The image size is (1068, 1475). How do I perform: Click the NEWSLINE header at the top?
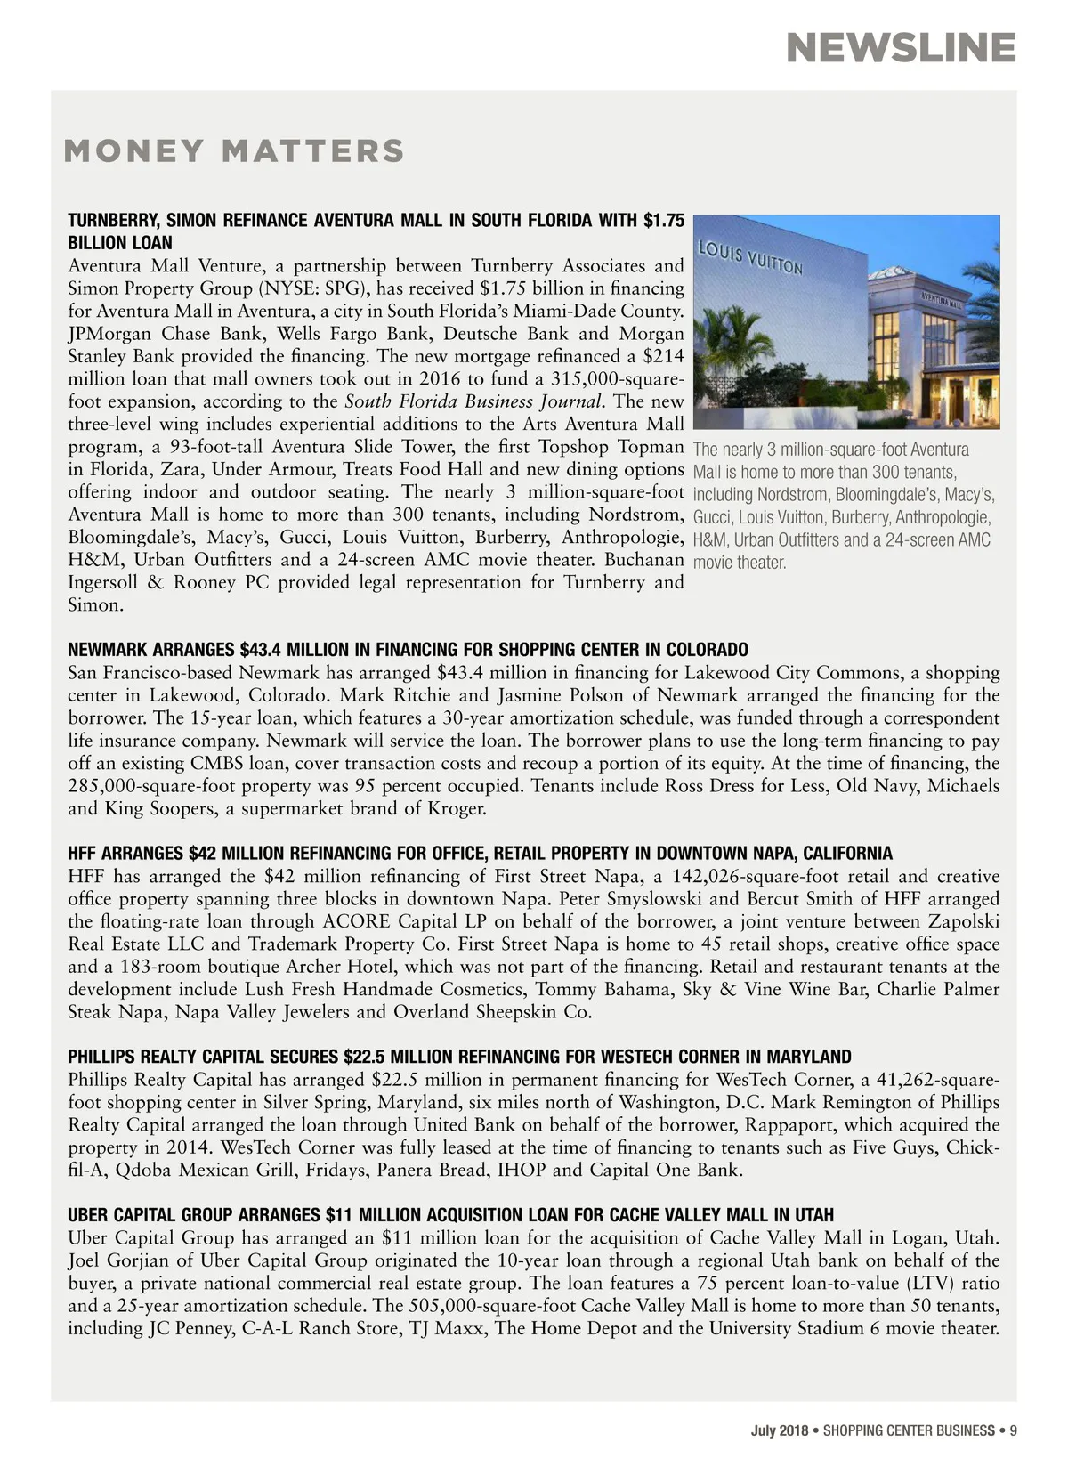tap(901, 48)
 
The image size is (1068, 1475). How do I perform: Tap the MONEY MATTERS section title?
tap(234, 151)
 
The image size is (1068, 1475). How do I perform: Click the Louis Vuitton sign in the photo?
tap(749, 256)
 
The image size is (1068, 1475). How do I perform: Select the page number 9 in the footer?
tap(1013, 1430)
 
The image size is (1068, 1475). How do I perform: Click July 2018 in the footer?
tap(780, 1430)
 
